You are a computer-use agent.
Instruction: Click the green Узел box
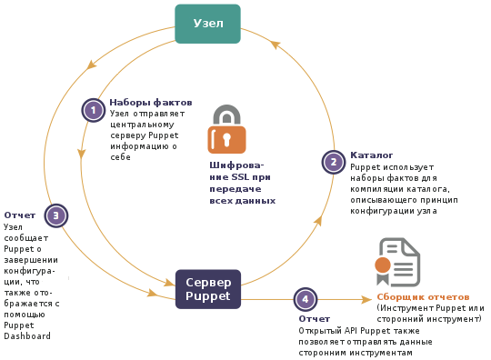pos(207,24)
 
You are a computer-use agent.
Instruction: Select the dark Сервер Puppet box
pos(208,289)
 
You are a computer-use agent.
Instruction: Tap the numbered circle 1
pos(94,110)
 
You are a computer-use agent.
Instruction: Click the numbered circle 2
pos(334,162)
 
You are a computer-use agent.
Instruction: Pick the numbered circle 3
pos(56,215)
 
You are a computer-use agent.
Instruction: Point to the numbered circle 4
pos(306,299)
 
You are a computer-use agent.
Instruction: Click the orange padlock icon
pos(226,129)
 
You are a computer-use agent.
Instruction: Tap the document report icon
pos(397,263)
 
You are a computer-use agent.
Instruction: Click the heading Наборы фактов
pos(151,103)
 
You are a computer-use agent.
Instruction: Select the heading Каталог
pos(371,155)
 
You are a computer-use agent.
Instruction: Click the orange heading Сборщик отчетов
pos(423,296)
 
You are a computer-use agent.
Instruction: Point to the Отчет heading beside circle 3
pos(20,215)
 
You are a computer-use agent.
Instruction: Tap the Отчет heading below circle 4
pos(314,319)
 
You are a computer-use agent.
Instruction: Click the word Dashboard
pos(27,335)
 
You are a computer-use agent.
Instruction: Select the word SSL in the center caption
pos(240,177)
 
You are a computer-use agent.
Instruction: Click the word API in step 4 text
pos(351,331)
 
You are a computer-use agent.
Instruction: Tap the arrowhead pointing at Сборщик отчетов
pos(366,300)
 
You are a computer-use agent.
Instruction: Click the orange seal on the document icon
pos(383,265)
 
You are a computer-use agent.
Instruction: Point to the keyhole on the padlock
pos(227,140)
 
